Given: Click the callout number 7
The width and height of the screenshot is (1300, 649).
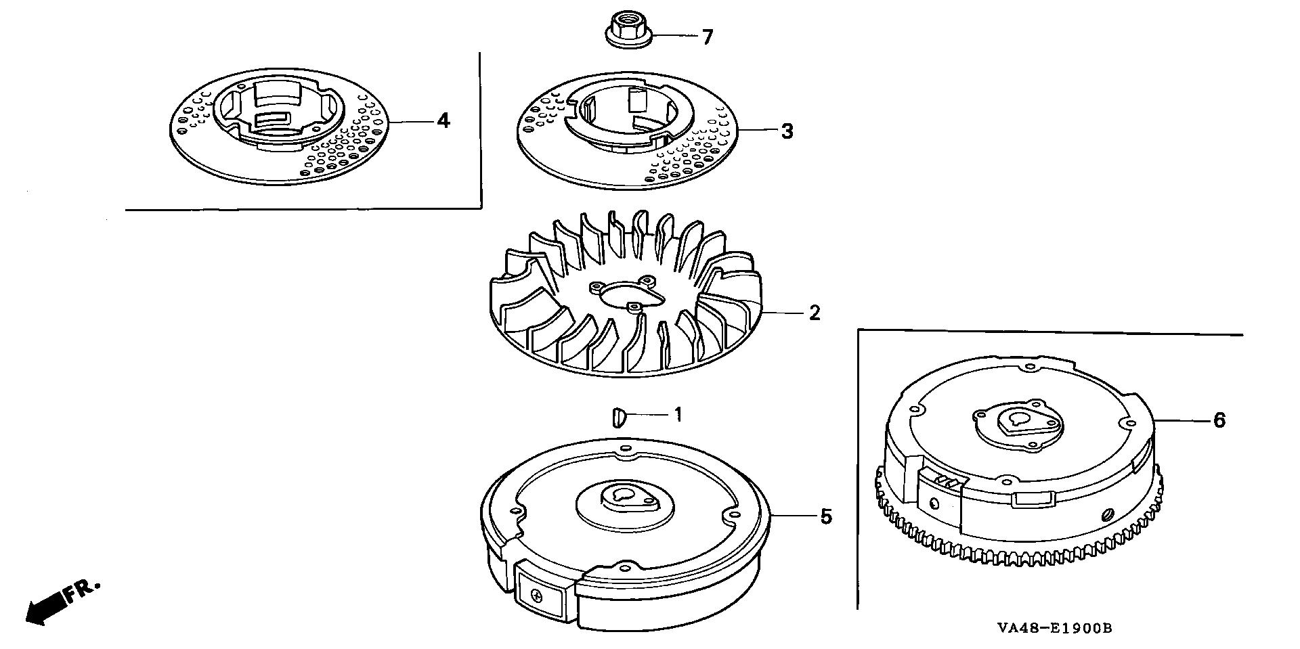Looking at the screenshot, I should (708, 37).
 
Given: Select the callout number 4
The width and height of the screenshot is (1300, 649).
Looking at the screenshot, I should (443, 120).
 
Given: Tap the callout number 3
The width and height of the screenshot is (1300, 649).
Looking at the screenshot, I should (786, 131).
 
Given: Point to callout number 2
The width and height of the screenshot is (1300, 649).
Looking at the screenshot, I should (814, 313).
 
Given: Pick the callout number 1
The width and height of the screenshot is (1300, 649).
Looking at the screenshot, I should (678, 413).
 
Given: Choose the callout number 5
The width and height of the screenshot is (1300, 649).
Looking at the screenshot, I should (825, 516).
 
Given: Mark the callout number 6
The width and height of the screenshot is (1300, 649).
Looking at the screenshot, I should (1219, 420).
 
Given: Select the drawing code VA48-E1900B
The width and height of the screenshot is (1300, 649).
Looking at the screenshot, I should (1054, 628).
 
